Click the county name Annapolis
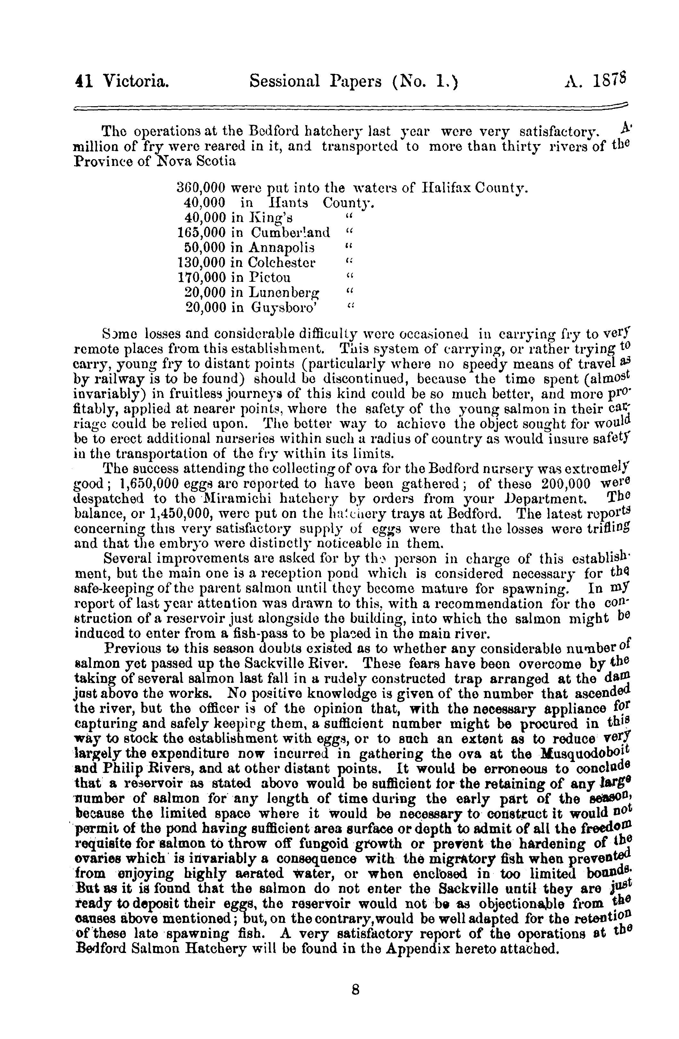281,247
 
